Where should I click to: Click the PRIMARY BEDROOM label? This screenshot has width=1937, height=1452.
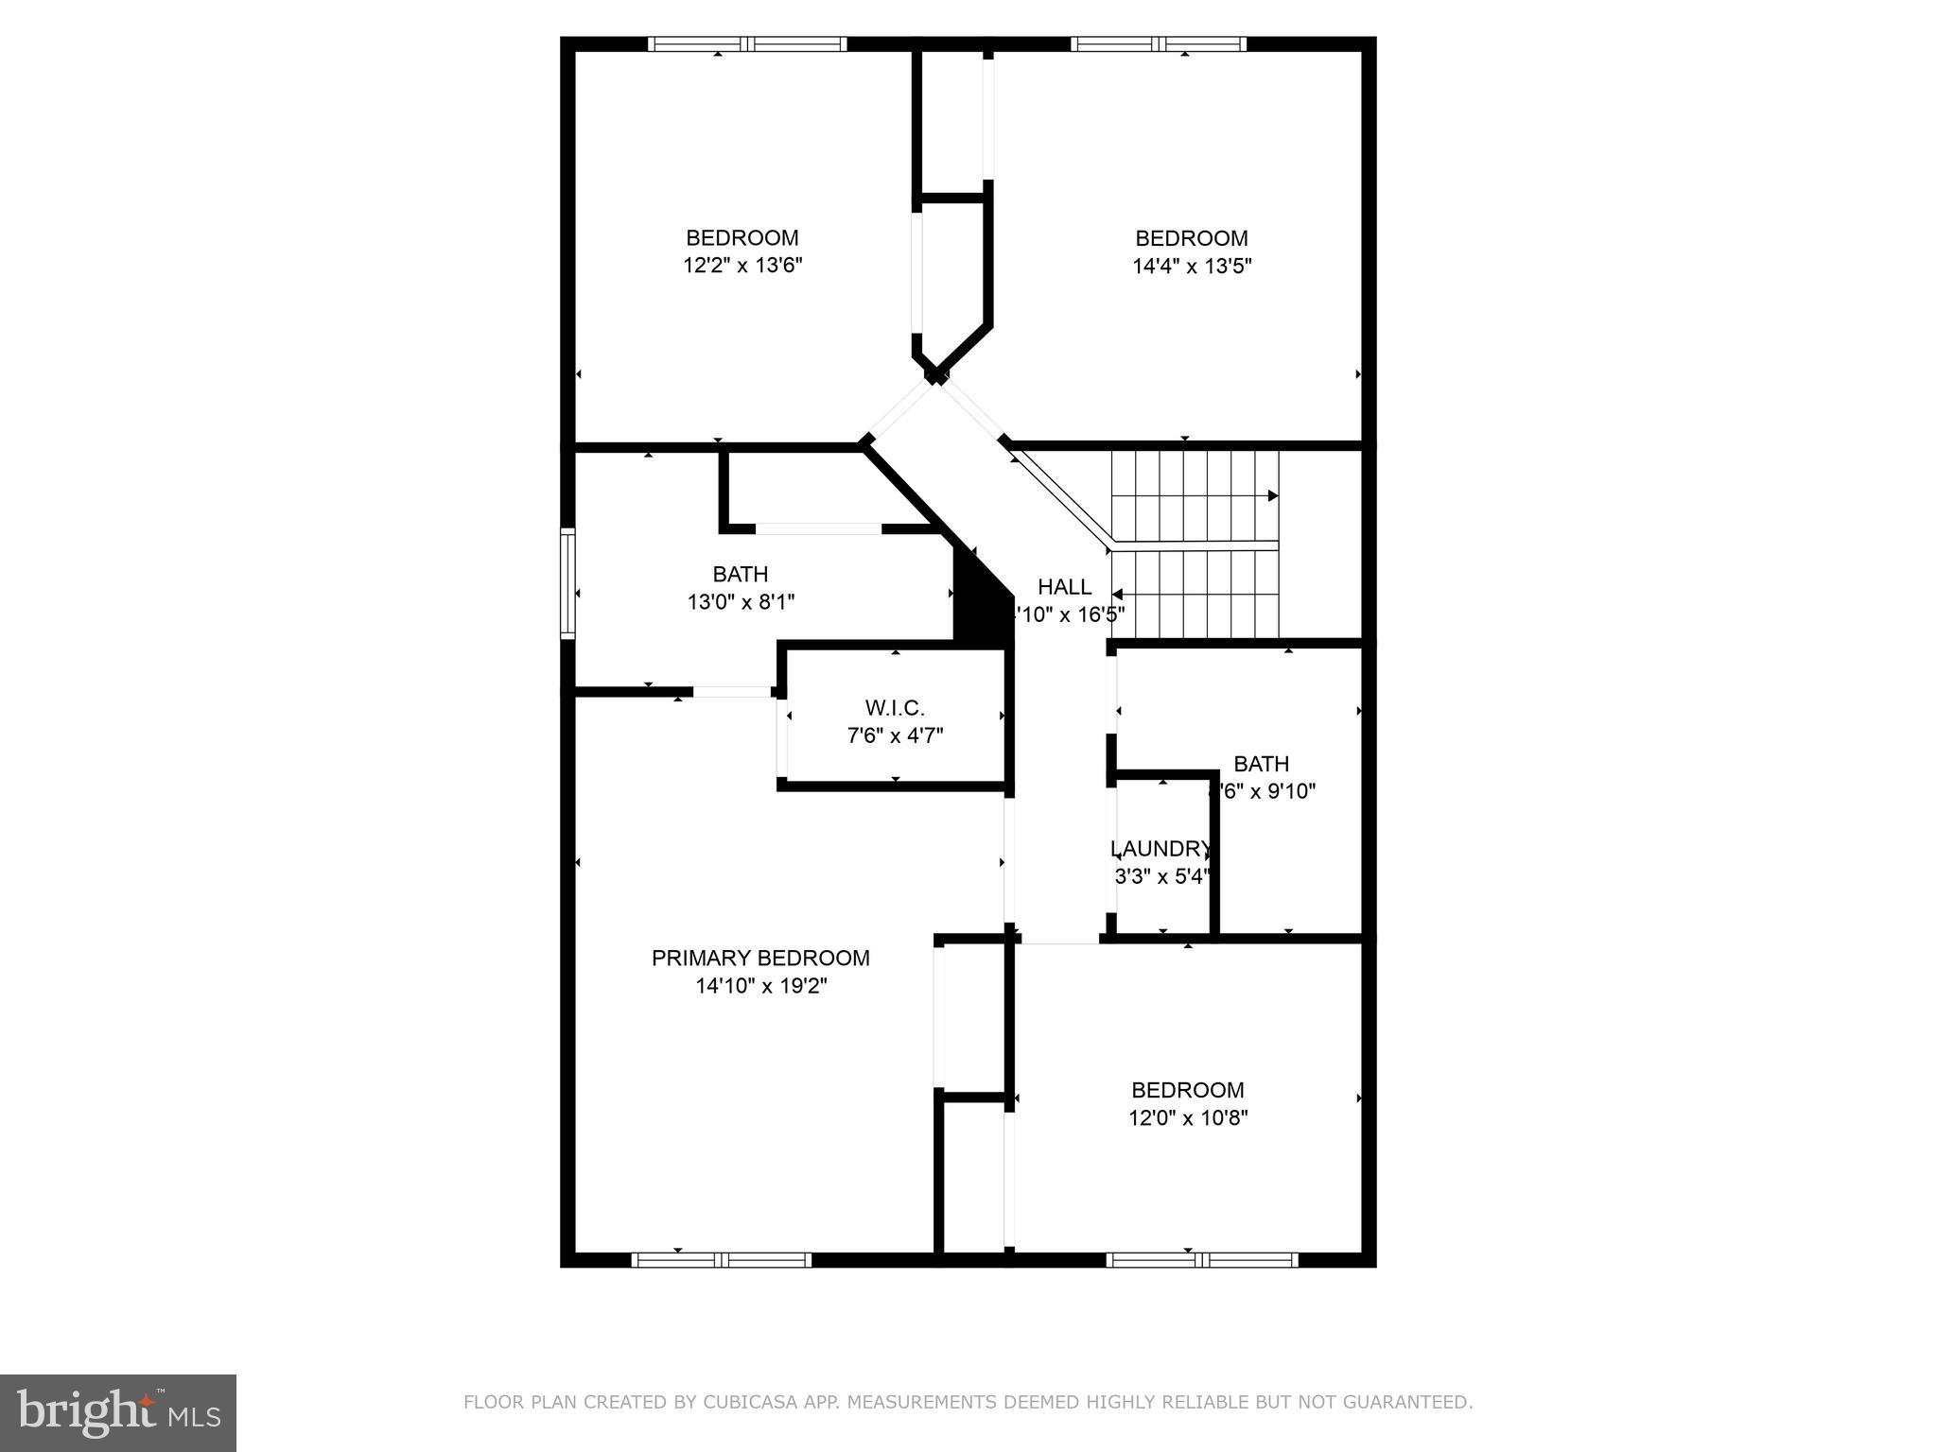click(760, 958)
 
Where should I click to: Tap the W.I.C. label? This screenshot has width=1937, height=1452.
click(894, 707)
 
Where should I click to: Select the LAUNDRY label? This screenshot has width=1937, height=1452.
click(1160, 848)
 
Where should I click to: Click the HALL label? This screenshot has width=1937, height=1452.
click(1064, 586)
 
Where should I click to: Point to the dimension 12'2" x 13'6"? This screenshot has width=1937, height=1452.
click(742, 266)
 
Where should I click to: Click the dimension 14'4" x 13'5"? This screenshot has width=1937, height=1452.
click(1192, 266)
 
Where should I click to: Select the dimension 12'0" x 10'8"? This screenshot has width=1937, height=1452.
click(1188, 1117)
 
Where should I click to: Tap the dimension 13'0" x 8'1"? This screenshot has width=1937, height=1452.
click(741, 601)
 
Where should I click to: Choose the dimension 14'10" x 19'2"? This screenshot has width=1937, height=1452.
click(761, 986)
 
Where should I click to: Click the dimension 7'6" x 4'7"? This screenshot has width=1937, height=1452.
click(895, 735)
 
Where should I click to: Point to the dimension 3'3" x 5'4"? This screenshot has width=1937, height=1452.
click(1161, 876)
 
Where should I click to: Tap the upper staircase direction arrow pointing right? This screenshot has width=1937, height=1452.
click(1272, 495)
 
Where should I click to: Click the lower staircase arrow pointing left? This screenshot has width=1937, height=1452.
click(1118, 595)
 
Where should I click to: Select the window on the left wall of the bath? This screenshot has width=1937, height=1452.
click(567, 582)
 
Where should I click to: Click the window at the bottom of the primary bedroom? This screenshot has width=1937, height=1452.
click(722, 1259)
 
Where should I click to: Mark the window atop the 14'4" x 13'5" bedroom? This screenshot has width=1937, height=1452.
click(1159, 43)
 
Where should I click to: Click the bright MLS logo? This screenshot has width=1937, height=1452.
click(117, 1412)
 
